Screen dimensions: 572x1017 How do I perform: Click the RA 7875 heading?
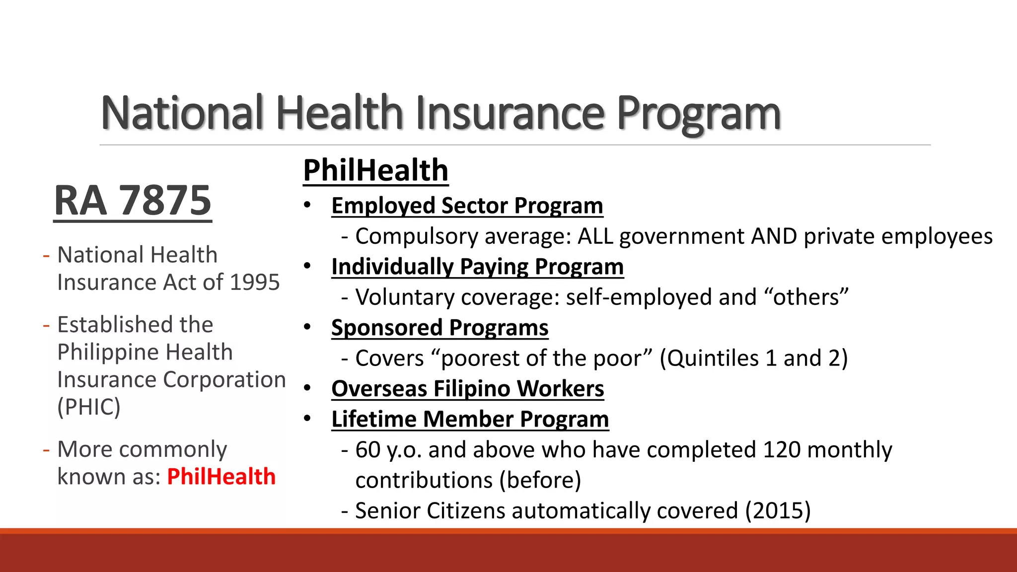point(133,201)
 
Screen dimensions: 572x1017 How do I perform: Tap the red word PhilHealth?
point(221,477)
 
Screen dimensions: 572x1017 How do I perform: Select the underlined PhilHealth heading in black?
point(375,170)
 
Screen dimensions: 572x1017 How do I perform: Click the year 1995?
point(255,283)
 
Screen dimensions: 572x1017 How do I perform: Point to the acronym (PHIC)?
point(89,407)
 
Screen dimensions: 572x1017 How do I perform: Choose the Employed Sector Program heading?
point(467,206)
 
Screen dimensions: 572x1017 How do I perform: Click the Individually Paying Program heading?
point(477,267)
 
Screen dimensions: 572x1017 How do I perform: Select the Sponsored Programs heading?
point(439,328)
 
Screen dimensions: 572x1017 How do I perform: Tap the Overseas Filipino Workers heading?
point(467,389)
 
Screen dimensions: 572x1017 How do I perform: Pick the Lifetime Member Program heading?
point(470,419)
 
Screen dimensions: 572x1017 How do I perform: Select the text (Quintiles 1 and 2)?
point(753,358)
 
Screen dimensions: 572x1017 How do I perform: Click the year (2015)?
point(778,511)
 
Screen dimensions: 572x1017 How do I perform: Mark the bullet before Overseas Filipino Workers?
point(307,388)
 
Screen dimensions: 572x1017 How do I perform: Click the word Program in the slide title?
point(699,114)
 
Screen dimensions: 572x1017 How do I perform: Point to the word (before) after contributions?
point(540,481)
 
